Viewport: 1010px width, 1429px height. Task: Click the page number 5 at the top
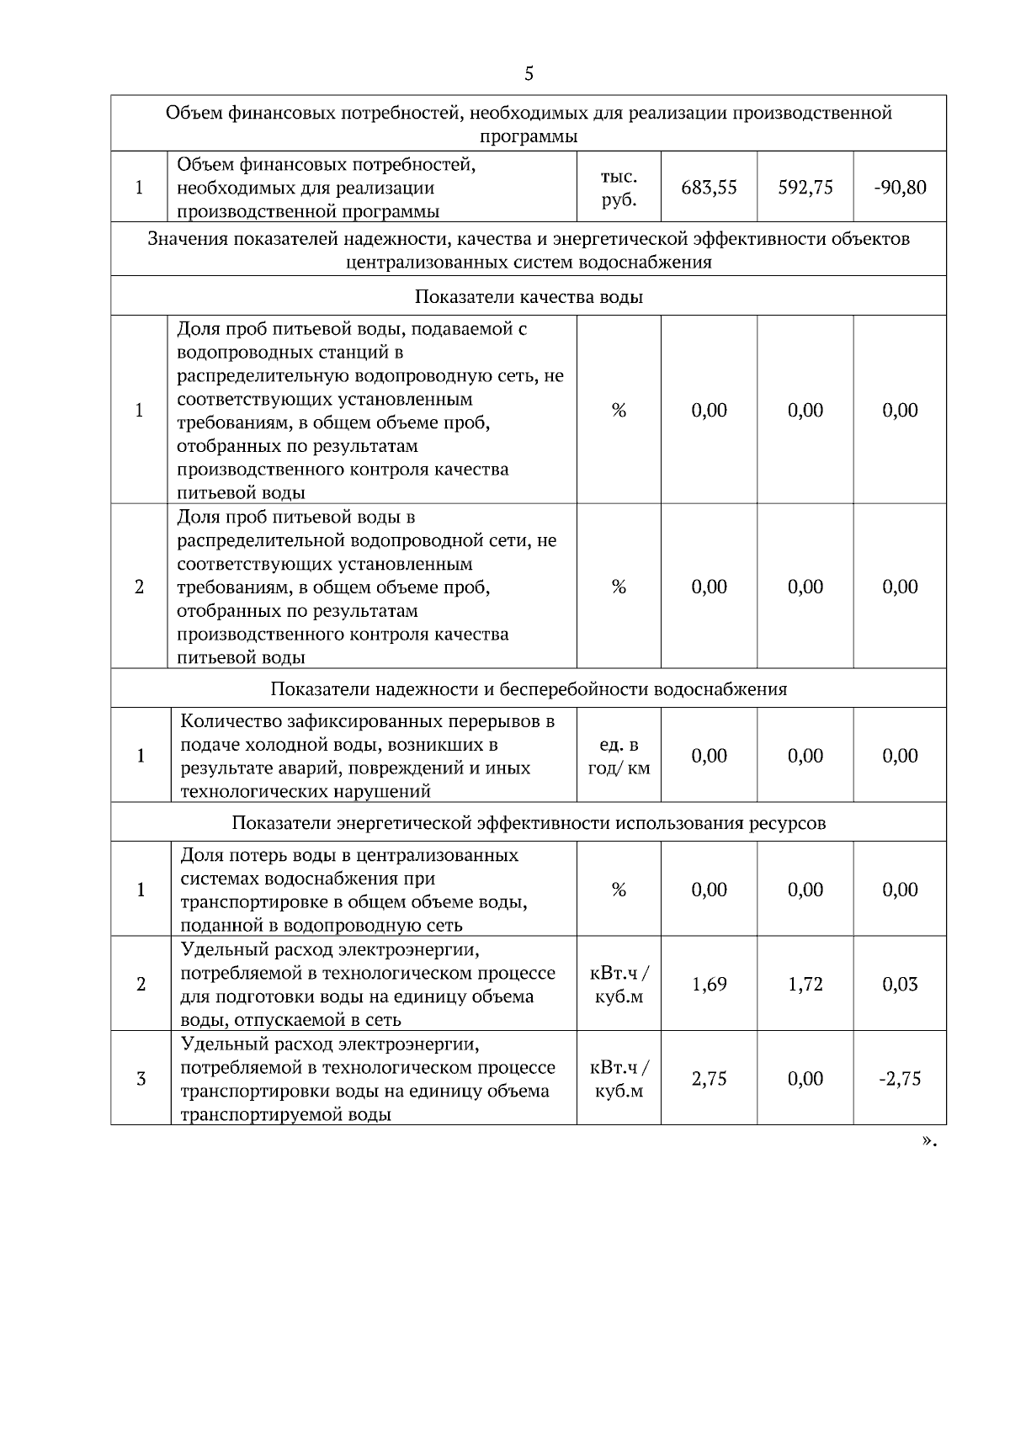[529, 74]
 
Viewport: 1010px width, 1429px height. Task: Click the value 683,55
[709, 188]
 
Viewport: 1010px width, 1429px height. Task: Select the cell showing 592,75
[805, 188]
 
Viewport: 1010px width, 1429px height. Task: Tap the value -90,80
[900, 188]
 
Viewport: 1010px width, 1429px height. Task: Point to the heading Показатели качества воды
[529, 297]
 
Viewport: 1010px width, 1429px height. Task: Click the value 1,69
[709, 985]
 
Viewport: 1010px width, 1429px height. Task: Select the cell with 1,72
[805, 985]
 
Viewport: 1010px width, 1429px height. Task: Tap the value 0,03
[900, 985]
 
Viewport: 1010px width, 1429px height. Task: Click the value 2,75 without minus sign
[709, 1079]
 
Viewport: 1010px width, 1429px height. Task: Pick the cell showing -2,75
[900, 1079]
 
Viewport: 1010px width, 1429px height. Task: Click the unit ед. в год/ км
[619, 757]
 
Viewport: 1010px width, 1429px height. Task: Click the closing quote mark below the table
[928, 1142]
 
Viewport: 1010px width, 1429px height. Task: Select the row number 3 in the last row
[141, 1079]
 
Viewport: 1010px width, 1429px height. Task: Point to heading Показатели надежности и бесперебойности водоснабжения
[529, 689]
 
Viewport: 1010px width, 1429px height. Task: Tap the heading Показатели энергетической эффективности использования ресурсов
[529, 823]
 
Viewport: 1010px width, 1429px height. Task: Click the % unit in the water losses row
[619, 890]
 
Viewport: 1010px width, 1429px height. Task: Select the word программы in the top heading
[529, 136]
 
